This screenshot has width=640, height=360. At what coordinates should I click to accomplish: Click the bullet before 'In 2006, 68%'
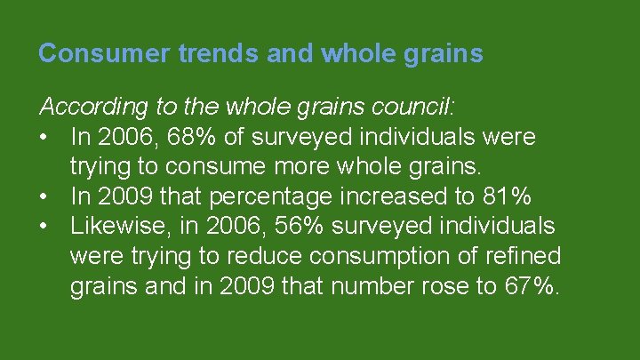tap(45, 138)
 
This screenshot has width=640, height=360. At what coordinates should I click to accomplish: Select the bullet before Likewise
tap(45, 226)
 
